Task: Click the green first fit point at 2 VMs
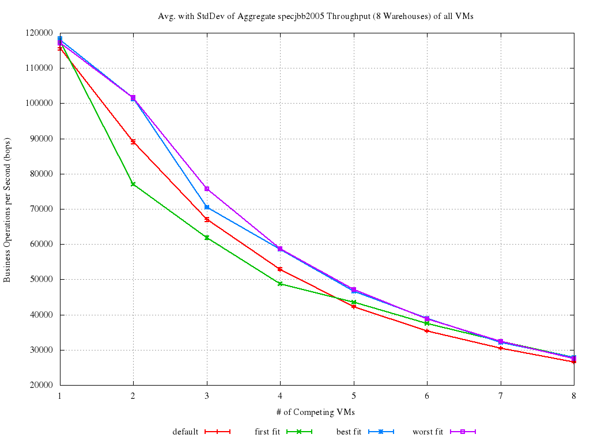[133, 184]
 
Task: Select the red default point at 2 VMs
[133, 142]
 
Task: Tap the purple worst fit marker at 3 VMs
[207, 189]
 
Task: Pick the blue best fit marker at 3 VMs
[207, 207]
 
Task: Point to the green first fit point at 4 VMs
[280, 284]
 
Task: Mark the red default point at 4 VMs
[280, 269]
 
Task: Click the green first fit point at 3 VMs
[207, 238]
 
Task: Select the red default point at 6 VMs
[427, 331]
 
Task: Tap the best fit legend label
[349, 432]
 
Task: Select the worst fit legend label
[428, 432]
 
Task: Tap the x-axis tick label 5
[354, 396]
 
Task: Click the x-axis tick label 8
[573, 396]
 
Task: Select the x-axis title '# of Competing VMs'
[316, 412]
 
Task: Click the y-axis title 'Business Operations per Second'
[7, 210]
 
